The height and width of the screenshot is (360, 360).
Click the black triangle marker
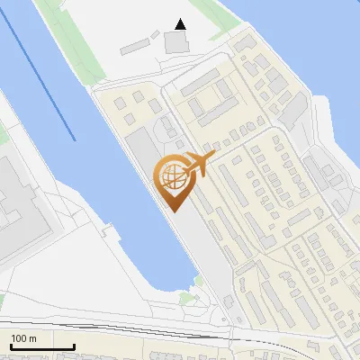(x=181, y=24)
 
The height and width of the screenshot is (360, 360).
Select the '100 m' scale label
(x=23, y=337)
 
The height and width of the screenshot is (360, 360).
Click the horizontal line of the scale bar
(x=42, y=346)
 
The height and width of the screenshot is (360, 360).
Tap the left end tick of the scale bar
(x=11, y=345)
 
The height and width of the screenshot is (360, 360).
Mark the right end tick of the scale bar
(x=74, y=345)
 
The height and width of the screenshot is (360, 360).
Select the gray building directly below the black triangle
(x=178, y=41)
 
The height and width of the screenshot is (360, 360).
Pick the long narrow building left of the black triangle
(x=136, y=44)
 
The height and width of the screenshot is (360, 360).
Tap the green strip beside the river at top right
(x=216, y=18)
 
